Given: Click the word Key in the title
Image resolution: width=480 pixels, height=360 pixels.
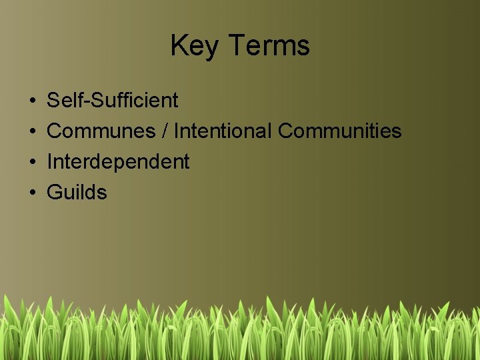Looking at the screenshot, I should click(x=195, y=46).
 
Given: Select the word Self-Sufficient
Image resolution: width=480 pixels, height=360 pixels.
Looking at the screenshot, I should click(x=112, y=101).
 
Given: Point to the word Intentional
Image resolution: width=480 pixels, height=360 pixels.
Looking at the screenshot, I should click(x=223, y=131).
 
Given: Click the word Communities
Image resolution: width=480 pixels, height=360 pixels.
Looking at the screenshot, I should click(x=339, y=131).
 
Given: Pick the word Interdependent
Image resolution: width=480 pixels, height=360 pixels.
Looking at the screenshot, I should click(x=118, y=162).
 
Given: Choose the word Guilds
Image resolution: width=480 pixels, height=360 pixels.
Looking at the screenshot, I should click(x=77, y=193).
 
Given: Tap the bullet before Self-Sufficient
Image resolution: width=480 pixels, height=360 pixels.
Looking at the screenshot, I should click(x=32, y=101).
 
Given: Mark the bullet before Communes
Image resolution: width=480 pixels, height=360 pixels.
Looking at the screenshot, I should click(x=32, y=132).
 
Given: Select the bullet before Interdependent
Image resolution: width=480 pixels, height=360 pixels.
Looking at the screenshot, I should click(x=32, y=163).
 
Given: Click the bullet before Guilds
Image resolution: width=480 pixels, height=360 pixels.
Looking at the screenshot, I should click(x=32, y=193).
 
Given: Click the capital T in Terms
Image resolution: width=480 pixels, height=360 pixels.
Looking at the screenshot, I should click(x=237, y=46).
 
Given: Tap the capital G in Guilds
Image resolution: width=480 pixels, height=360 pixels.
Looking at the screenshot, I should click(x=55, y=193).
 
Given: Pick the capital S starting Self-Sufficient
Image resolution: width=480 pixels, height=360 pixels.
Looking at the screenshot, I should click(x=54, y=101).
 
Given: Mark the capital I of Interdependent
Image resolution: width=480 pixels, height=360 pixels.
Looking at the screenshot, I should click(x=50, y=162).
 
